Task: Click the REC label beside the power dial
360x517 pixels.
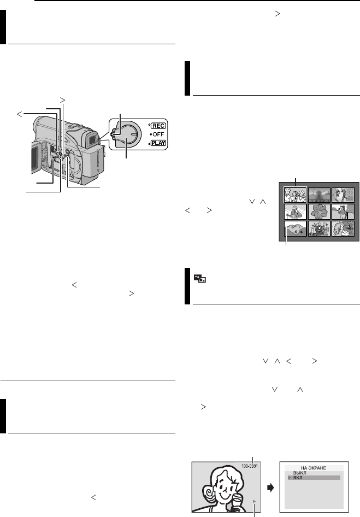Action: click(158, 124)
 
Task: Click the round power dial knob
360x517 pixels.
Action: click(127, 135)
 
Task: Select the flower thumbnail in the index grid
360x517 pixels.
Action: click(318, 212)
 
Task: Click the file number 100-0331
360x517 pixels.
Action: click(251, 466)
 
